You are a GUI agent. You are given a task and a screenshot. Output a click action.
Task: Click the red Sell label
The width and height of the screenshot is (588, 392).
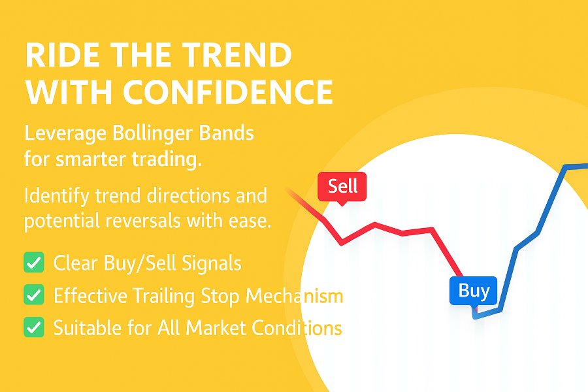pos(342,187)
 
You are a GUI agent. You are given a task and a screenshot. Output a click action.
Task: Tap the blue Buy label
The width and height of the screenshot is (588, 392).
pos(473,291)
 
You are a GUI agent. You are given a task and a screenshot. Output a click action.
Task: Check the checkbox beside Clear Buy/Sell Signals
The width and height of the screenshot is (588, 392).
pos(33,263)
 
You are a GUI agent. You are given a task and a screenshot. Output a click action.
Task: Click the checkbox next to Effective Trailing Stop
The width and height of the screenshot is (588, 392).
pos(33,295)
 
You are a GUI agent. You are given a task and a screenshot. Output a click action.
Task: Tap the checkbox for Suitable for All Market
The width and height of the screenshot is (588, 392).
pos(33,327)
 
